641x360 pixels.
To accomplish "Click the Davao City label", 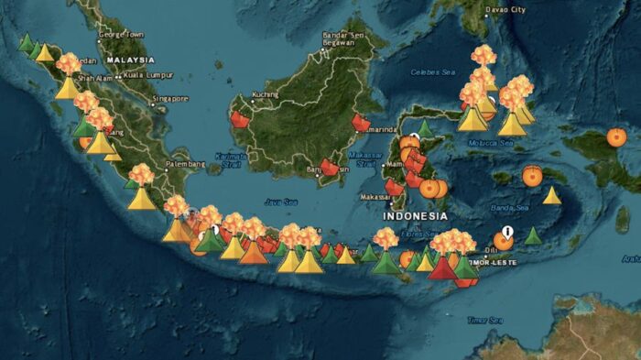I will [506, 10].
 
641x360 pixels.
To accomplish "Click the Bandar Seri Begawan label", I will [345, 40].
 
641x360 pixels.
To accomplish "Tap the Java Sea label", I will [281, 202].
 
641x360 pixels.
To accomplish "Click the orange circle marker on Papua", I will [616, 137].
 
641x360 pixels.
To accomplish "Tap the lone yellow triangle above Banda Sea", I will [551, 195].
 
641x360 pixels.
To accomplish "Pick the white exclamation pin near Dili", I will [507, 233].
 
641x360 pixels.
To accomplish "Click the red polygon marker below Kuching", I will [240, 119].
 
